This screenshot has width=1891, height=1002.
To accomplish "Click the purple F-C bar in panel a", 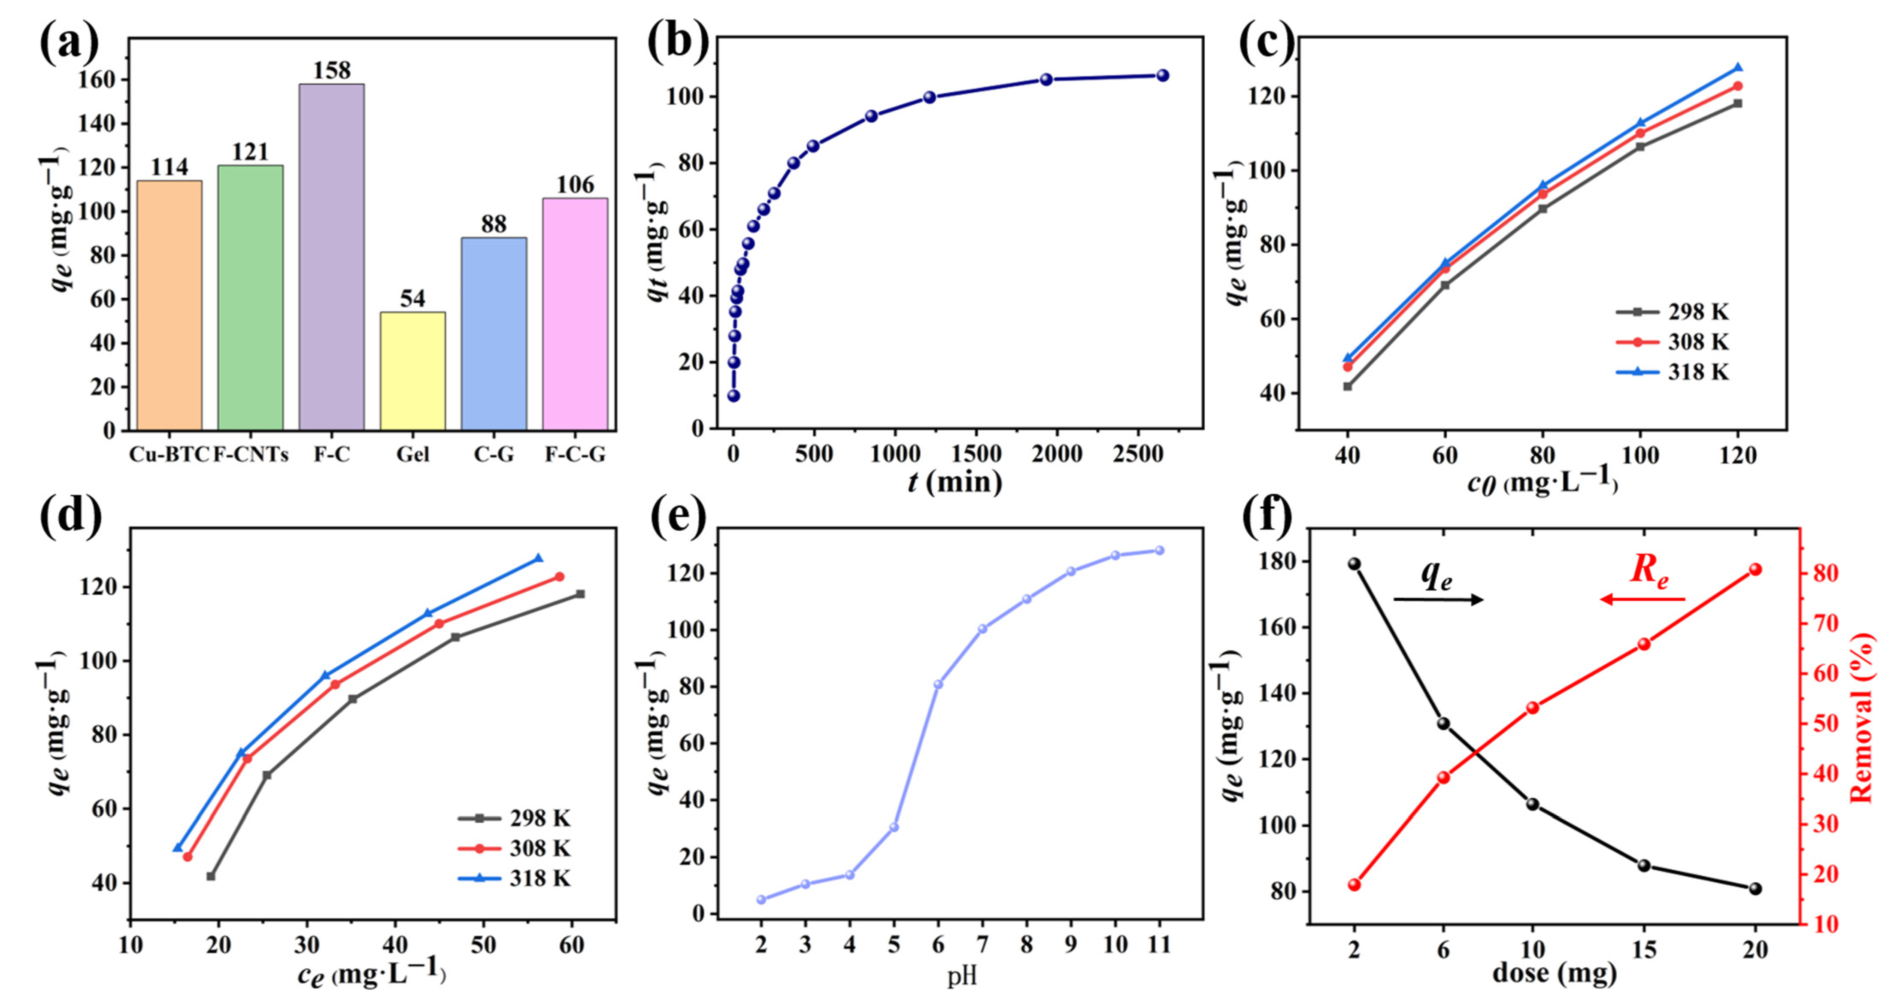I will [x=331, y=257].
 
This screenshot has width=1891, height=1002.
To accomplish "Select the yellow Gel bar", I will [x=412, y=371].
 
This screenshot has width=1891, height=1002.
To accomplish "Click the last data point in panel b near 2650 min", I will [x=1163, y=76].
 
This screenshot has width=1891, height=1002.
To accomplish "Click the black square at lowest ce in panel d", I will [x=212, y=876].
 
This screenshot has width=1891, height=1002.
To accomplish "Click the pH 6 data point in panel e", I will [x=938, y=684].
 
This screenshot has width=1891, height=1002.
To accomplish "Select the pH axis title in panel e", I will [x=962, y=977].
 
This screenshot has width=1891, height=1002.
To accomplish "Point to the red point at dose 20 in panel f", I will [x=1755, y=569].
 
